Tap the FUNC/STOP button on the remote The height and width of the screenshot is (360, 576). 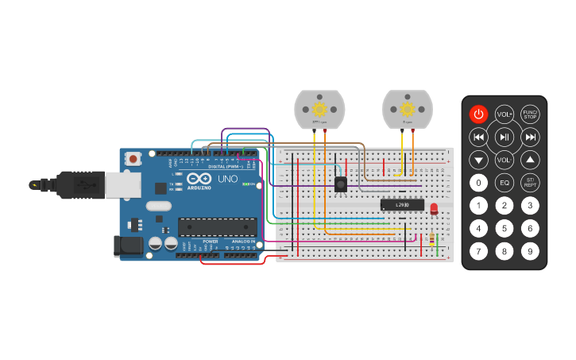coord(530,114)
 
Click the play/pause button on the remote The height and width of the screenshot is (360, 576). coord(504,137)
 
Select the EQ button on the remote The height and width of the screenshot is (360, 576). coord(504,182)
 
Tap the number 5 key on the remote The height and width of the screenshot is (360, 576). coord(504,229)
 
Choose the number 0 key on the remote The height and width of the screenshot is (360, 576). coord(477,182)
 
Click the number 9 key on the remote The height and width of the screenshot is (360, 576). coord(530,252)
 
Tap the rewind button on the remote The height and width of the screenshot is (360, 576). coord(477,137)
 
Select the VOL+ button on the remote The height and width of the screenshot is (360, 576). coord(504,114)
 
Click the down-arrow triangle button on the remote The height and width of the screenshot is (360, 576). coord(477,159)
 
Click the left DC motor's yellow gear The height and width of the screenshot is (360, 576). coord(319,109)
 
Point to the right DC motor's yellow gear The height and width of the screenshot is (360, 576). coord(408,109)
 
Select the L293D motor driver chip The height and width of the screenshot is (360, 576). coord(401,204)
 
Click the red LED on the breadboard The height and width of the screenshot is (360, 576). coord(434,209)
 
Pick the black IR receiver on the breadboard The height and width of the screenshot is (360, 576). coord(341,184)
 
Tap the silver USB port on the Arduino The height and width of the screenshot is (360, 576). coord(124,184)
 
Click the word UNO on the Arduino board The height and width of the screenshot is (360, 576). coord(227,179)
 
